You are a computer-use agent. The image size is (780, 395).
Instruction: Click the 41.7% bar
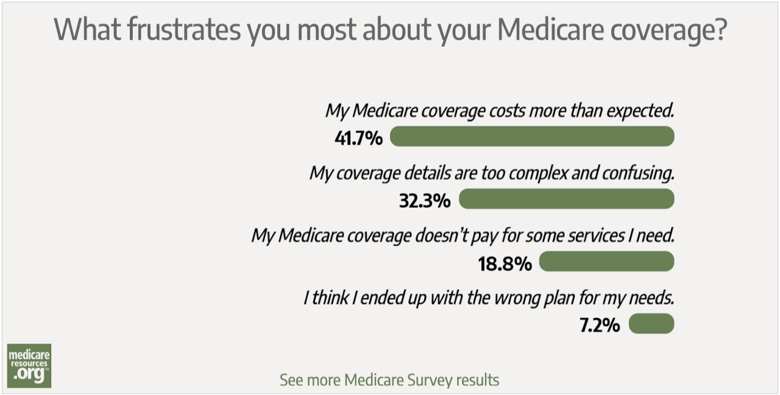click(x=531, y=137)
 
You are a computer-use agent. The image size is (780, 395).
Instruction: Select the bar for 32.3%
click(x=566, y=199)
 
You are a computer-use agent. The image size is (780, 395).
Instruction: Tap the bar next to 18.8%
click(x=606, y=262)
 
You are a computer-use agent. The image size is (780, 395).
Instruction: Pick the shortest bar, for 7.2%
click(x=651, y=324)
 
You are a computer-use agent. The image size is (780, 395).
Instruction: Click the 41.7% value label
click(x=358, y=138)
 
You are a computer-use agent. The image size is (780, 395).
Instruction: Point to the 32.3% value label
click(x=425, y=200)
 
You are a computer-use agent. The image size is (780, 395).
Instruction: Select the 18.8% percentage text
click(x=505, y=263)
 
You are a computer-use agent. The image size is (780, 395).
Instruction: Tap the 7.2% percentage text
click(x=599, y=326)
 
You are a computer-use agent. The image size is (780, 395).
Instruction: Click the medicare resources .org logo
click(x=29, y=366)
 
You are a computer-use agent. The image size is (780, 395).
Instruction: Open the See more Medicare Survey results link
click(x=389, y=380)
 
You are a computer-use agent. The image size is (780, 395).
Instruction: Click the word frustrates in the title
click(x=183, y=29)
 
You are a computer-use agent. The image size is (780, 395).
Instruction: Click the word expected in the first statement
click(x=639, y=111)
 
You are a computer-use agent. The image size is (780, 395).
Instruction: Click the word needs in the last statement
click(x=654, y=299)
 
